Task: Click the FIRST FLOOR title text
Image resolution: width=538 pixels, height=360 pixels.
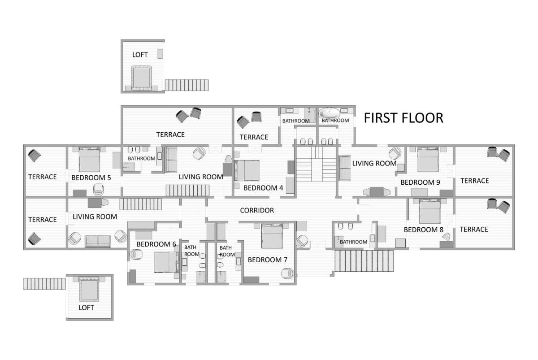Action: coord(403,118)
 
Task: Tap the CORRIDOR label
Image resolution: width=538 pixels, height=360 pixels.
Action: coord(257,210)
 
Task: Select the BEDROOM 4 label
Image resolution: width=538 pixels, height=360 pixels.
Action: coord(263,188)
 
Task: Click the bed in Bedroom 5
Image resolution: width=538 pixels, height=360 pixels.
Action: coord(89,160)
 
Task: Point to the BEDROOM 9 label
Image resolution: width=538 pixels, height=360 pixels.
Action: coord(421,182)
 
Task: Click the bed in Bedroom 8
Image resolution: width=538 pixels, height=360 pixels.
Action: coord(430,211)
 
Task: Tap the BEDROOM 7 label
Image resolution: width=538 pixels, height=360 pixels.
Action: coord(268,260)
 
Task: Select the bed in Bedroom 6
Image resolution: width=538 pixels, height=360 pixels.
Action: coord(166,262)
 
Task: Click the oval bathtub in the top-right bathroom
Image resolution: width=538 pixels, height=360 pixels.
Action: coord(330,113)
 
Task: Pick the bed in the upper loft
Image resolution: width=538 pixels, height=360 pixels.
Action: coord(142,78)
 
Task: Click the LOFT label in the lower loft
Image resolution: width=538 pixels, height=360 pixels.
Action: coord(86,308)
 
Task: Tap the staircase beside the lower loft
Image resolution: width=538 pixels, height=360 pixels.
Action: coord(44,284)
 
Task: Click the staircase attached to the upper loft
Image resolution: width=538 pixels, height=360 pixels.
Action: coord(187,85)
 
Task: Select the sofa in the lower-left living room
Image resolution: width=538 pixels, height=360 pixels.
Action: coord(98,241)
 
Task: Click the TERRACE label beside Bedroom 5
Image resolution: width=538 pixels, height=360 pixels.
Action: coord(43,177)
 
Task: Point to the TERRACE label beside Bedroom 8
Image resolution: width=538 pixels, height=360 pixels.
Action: coord(474,230)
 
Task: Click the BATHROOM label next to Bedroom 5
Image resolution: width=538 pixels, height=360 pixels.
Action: coord(142,159)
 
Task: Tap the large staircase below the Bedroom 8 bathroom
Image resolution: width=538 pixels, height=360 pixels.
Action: coord(364,261)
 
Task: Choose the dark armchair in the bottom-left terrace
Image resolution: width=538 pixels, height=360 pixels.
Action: coord(35,239)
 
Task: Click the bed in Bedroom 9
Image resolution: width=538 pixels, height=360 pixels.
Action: coord(428,160)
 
